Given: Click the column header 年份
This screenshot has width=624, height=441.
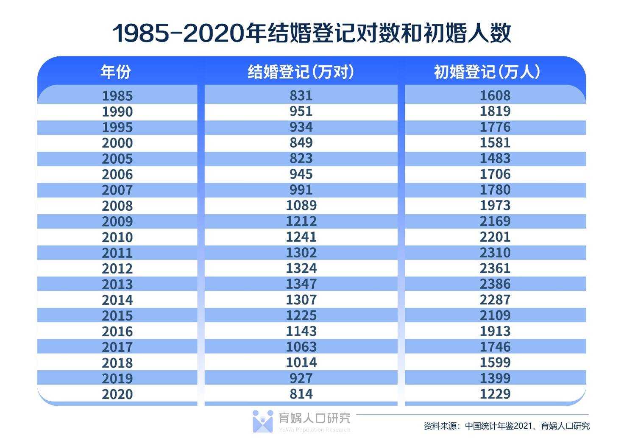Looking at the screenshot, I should [x=115, y=72].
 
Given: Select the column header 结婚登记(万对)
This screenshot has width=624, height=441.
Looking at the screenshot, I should [x=301, y=72].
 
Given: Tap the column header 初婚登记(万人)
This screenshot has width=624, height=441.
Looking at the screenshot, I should [x=487, y=72].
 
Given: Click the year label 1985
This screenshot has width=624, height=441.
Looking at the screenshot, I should [x=117, y=96].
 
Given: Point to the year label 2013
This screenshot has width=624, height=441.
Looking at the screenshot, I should [x=117, y=284].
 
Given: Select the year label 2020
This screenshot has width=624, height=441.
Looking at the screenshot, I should [x=117, y=394].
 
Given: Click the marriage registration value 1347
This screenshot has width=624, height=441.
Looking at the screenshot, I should [x=301, y=284].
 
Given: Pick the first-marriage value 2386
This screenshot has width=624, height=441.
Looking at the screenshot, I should [x=495, y=284].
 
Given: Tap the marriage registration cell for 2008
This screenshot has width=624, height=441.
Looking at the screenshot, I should [x=301, y=205].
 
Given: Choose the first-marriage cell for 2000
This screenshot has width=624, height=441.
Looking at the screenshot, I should [x=495, y=142].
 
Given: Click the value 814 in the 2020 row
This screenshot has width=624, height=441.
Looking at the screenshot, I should [x=301, y=394].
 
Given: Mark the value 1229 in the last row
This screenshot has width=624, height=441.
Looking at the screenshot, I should [x=495, y=394].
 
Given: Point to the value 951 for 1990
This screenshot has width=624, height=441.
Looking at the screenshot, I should [x=301, y=111].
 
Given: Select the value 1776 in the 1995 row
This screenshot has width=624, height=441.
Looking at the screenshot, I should [x=495, y=127].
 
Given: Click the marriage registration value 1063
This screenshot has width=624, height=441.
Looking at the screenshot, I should [x=301, y=346].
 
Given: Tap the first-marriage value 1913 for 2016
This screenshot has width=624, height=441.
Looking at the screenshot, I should [x=495, y=331].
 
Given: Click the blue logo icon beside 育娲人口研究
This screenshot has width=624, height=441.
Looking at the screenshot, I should [x=262, y=421].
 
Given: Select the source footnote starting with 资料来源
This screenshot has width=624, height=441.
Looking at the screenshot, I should [x=507, y=426].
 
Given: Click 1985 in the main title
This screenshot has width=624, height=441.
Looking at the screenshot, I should [x=141, y=33].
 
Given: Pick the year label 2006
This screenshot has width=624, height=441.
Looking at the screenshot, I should [x=117, y=174].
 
